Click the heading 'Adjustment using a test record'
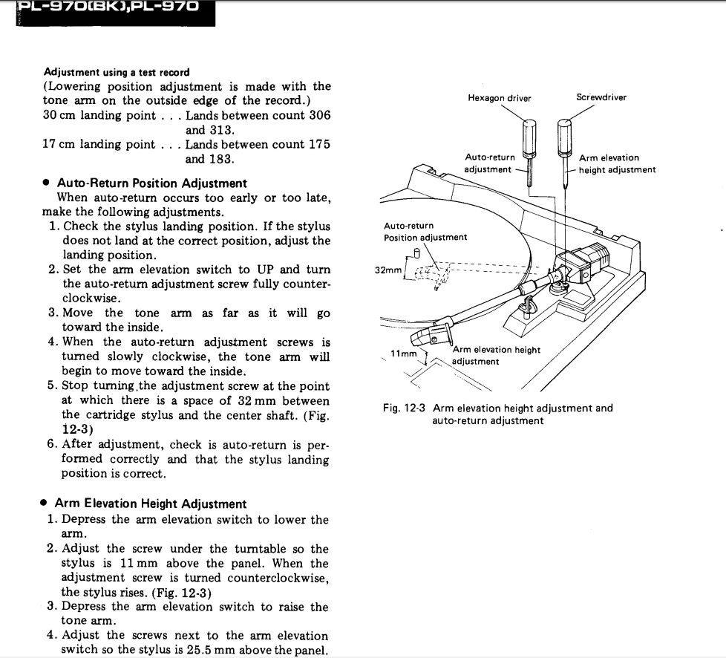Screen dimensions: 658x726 [117, 72]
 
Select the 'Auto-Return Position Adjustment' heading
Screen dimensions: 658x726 [151, 183]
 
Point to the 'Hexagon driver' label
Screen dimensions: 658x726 [499, 98]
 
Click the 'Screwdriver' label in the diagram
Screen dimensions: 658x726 [601, 97]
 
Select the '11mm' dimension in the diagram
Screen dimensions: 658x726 [404, 354]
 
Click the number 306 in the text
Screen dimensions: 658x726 [316, 116]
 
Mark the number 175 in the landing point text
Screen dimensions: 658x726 [316, 145]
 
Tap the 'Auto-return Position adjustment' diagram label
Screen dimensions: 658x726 [425, 231]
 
